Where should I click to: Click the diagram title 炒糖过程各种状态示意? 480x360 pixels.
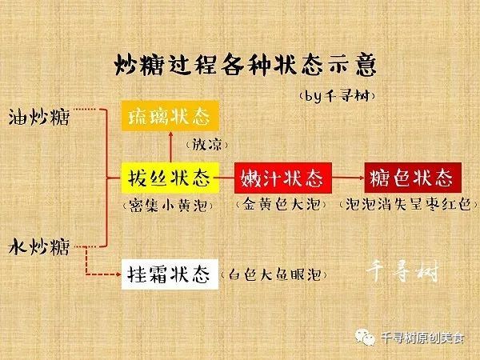tap(246, 65)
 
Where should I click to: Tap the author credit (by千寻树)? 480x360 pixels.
tap(337, 97)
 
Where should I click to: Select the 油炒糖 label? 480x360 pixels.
tap(39, 118)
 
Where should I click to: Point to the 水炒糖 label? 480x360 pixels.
tap(39, 247)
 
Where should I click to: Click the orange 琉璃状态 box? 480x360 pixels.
tap(170, 116)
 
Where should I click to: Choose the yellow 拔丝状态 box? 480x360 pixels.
tap(170, 178)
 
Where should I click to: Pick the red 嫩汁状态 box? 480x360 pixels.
tap(283, 178)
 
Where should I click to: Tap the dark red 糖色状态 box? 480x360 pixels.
tap(413, 178)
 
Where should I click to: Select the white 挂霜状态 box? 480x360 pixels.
tap(170, 274)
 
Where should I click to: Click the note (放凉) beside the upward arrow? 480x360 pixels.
tap(207, 145)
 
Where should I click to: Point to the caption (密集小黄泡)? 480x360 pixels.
tap(168, 206)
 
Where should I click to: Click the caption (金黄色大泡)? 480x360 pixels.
tap(281, 205)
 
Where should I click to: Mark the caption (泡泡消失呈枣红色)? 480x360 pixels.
tap(409, 205)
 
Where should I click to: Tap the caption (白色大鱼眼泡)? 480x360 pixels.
tap(274, 274)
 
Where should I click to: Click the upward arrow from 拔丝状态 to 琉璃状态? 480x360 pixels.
tap(171, 147)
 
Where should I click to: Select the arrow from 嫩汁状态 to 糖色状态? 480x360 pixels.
tap(348, 178)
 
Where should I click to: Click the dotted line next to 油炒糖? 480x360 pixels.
tap(86, 109)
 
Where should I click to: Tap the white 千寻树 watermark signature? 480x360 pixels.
tap(402, 271)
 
